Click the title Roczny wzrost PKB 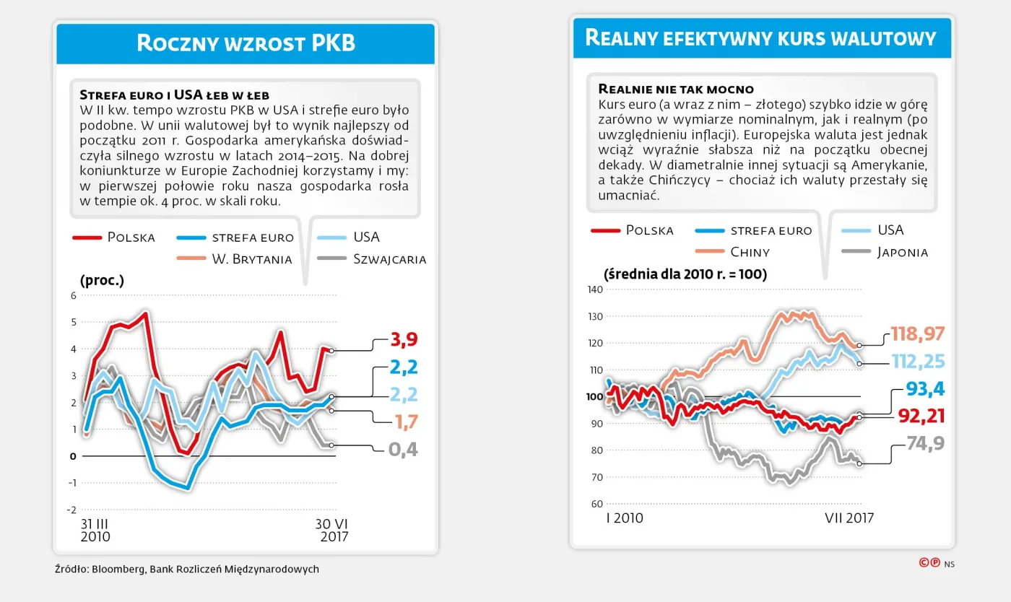(x=246, y=43)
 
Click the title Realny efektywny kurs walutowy (x=760, y=38)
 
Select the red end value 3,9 (x=404, y=339)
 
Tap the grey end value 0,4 (x=404, y=450)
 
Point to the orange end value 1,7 (x=404, y=422)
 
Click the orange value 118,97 (x=917, y=333)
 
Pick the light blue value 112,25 (x=917, y=362)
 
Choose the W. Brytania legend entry (x=251, y=259)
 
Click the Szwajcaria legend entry (x=389, y=259)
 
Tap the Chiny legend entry (x=750, y=252)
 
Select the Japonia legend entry (x=902, y=252)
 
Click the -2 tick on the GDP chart (x=71, y=510)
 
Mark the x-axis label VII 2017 (x=849, y=518)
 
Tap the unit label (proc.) (x=102, y=280)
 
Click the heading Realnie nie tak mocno (x=676, y=89)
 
